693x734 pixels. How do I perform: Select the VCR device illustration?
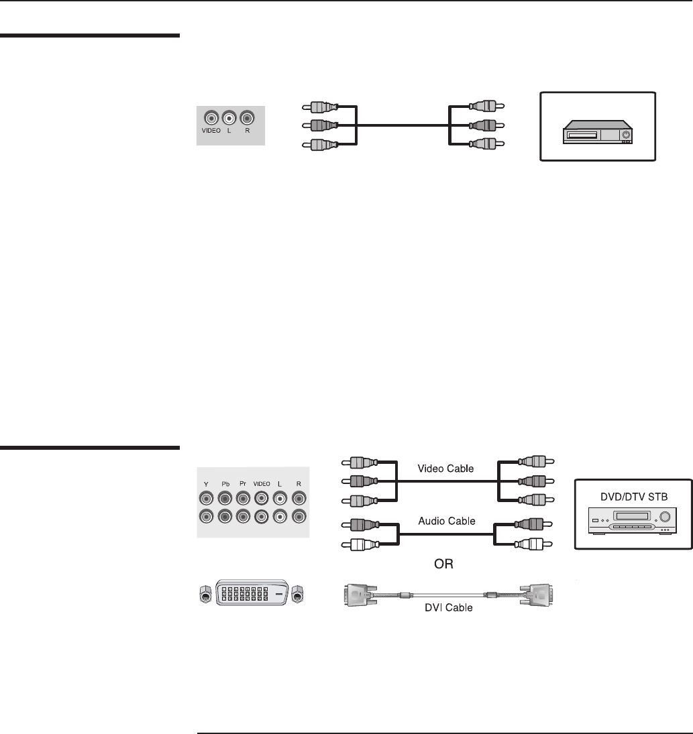coord(598,131)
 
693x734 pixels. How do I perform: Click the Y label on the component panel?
coord(206,484)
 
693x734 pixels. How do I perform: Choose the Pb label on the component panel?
coord(225,484)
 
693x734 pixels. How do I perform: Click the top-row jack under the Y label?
coord(206,499)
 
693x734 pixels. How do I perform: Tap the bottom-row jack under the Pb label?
coord(225,517)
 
